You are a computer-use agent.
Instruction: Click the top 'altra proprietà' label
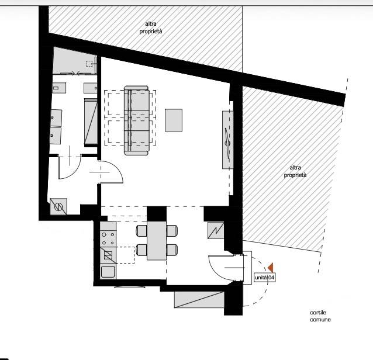pyautogui.click(x=151, y=27)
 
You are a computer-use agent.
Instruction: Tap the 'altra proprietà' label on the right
pyautogui.click(x=295, y=171)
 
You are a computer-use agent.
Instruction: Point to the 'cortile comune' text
pyautogui.click(x=320, y=316)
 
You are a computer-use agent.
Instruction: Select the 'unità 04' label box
pyautogui.click(x=264, y=278)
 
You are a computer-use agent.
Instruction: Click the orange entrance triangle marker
pyautogui.click(x=271, y=268)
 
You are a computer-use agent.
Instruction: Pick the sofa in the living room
pyautogui.click(x=137, y=120)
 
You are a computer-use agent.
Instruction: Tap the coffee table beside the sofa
pyautogui.click(x=174, y=120)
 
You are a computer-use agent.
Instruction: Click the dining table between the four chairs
pyautogui.click(x=156, y=241)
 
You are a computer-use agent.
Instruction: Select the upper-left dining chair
pyautogui.click(x=141, y=231)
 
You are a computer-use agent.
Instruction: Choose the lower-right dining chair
pyautogui.click(x=172, y=250)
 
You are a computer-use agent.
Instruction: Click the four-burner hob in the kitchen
pyautogui.click(x=108, y=238)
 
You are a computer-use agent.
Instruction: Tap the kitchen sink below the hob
pyautogui.click(x=108, y=272)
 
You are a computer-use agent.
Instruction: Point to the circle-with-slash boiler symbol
pyautogui.click(x=58, y=207)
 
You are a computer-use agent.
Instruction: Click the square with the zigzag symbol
pyautogui.click(x=216, y=230)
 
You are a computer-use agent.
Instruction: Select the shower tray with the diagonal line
pyautogui.click(x=91, y=122)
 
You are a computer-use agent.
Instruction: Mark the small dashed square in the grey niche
pyautogui.click(x=89, y=64)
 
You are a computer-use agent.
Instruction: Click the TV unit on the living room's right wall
pyautogui.click(x=227, y=140)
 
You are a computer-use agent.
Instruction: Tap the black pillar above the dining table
pyautogui.click(x=156, y=213)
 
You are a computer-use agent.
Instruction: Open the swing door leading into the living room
pyautogui.click(x=112, y=172)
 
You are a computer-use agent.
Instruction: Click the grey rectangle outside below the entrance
pyautogui.click(x=199, y=300)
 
